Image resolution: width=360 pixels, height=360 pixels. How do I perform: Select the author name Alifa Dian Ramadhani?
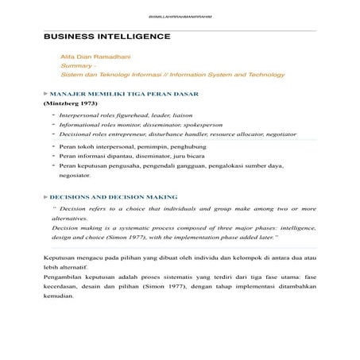pos(87,56)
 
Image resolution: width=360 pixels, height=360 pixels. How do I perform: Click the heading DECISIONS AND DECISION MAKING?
pos(114,195)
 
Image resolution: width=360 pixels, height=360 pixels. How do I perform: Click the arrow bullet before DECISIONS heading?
pos(45,195)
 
